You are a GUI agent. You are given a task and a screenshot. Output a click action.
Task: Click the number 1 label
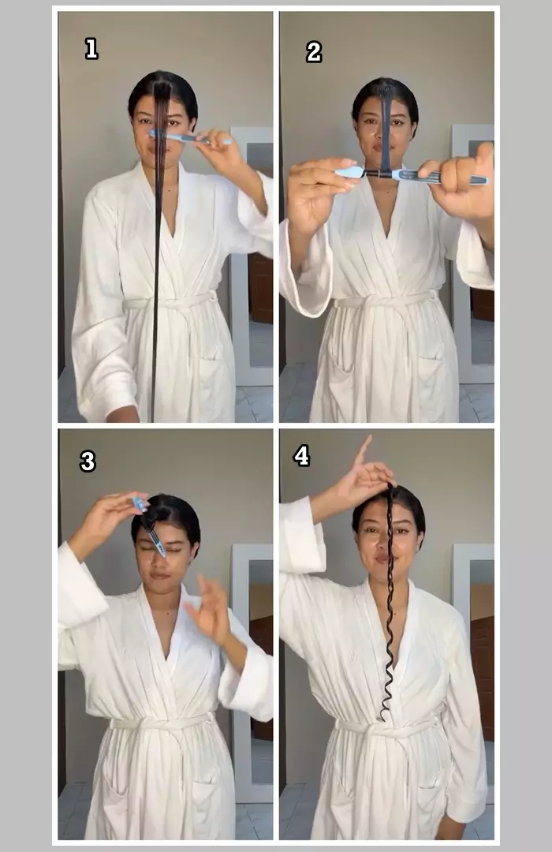pos(91,48)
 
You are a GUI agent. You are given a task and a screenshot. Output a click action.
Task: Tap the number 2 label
pos(314,52)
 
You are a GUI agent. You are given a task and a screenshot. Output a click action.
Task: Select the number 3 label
pos(88,461)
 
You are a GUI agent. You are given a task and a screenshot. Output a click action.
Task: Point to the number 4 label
pos(301,455)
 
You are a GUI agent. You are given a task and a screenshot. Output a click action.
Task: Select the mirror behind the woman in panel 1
pos(251,256)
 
